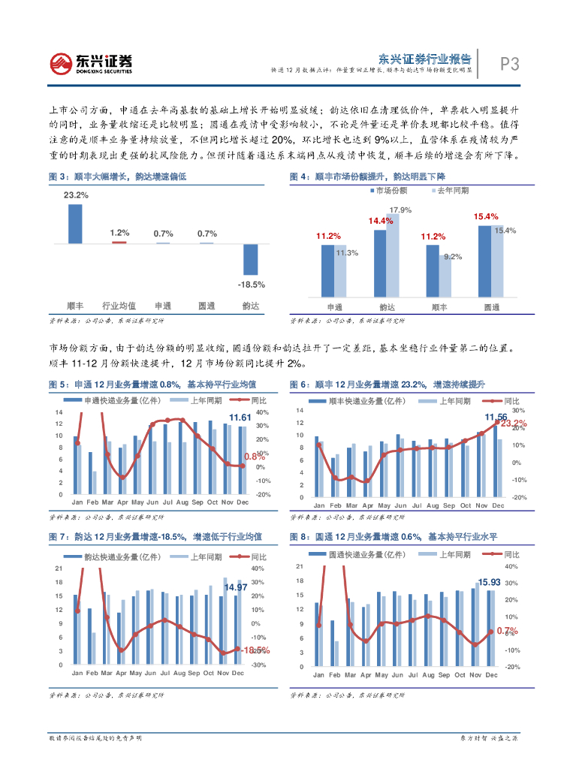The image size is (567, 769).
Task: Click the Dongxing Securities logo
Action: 91,62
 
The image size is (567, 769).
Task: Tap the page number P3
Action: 510,65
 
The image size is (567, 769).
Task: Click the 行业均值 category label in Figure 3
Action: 119,306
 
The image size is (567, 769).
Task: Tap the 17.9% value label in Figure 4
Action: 400,210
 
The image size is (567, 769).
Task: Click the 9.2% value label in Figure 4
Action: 453,257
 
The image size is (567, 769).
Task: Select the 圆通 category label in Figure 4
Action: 492,307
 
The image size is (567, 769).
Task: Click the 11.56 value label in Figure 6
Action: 496,417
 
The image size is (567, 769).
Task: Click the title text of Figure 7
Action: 155,536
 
